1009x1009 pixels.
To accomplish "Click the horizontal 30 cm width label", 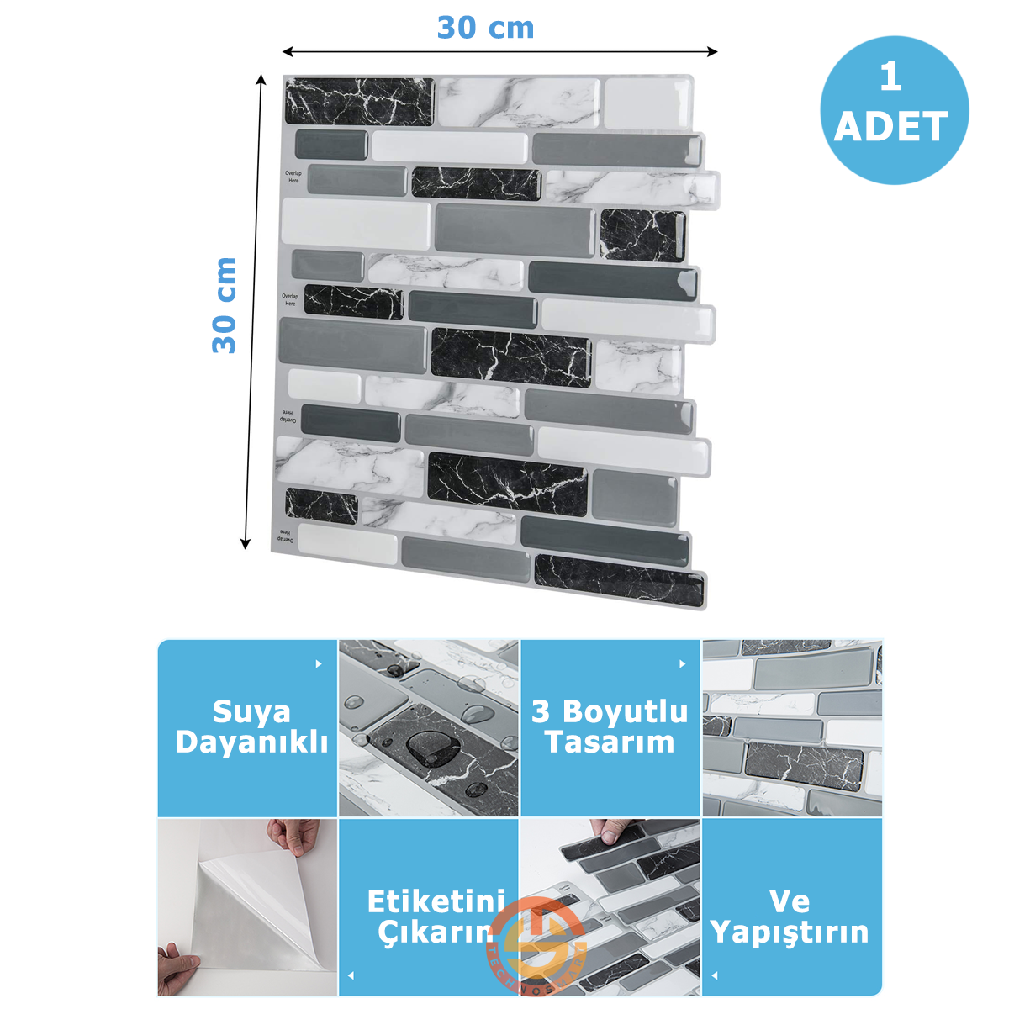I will pyautogui.click(x=485, y=28).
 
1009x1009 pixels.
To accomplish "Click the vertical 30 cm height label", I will pyautogui.click(x=225, y=305).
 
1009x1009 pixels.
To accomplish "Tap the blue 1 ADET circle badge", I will pyautogui.click(x=894, y=110).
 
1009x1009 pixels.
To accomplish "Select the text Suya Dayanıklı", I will pyautogui.click(x=251, y=726).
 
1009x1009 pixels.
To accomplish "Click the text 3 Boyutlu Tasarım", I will pyautogui.click(x=610, y=726).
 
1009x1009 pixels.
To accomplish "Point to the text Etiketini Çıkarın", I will pyautogui.click(x=436, y=917).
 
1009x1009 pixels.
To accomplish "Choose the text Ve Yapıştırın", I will pyautogui.click(x=790, y=917).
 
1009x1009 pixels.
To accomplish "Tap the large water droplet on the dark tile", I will pyautogui.click(x=424, y=747).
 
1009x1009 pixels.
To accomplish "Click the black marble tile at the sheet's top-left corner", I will pyautogui.click(x=359, y=101).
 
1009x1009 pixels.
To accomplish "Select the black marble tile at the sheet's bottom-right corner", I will pyautogui.click(x=619, y=581).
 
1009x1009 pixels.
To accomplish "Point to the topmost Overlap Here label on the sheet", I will pyautogui.click(x=293, y=177).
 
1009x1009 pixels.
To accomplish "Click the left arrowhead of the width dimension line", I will pyautogui.click(x=286, y=52).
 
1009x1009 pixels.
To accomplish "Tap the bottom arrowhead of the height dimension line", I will pyautogui.click(x=246, y=544).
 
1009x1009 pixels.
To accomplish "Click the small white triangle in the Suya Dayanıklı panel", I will pyautogui.click(x=319, y=664).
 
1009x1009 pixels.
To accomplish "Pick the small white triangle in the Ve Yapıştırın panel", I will pyautogui.click(x=715, y=976).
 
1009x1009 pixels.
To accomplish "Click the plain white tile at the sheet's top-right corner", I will pyautogui.click(x=646, y=103).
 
